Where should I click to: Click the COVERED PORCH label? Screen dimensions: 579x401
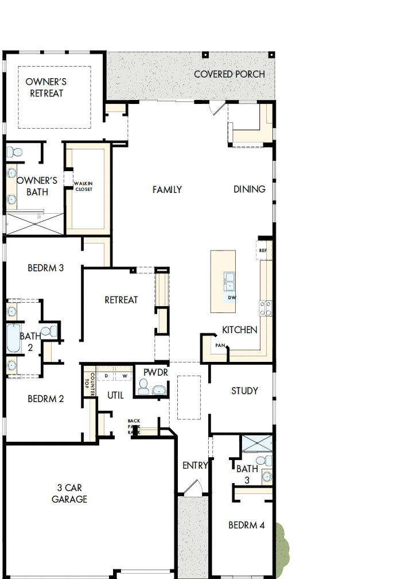pyautogui.click(x=229, y=74)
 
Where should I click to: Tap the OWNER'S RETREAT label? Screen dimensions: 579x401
pyautogui.click(x=46, y=87)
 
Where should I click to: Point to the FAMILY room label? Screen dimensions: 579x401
pyautogui.click(x=167, y=190)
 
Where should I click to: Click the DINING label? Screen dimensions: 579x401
pyautogui.click(x=250, y=190)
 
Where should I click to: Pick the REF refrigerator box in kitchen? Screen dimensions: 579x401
pyautogui.click(x=263, y=251)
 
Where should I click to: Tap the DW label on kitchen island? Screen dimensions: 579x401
pyautogui.click(x=232, y=298)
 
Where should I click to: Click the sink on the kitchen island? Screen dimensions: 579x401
pyautogui.click(x=230, y=281)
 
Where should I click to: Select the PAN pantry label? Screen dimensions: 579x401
pyautogui.click(x=220, y=346)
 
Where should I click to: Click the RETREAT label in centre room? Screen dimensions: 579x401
pyautogui.click(x=121, y=300)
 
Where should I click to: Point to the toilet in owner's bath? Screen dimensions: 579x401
pyautogui.click(x=15, y=153)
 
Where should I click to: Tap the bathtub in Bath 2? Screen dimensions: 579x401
pyautogui.click(x=13, y=339)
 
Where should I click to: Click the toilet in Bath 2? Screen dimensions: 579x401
pyautogui.click(x=51, y=331)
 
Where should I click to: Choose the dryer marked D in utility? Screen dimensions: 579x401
pyautogui.click(x=106, y=376)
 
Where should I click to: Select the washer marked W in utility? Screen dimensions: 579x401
pyautogui.click(x=124, y=376)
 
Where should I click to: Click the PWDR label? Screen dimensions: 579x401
pyautogui.click(x=155, y=372)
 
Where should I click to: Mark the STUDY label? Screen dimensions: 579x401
pyautogui.click(x=244, y=391)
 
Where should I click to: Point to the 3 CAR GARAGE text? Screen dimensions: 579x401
pyautogui.click(x=69, y=494)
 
